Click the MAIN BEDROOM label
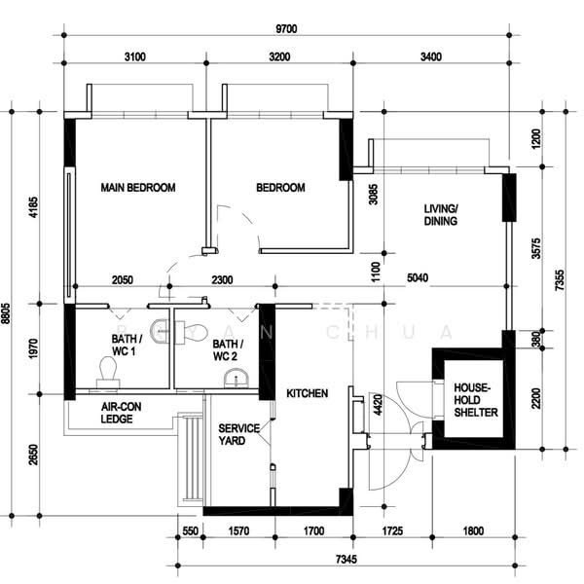pyautogui.click(x=138, y=187)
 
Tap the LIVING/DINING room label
pyautogui.click(x=441, y=215)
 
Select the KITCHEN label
pyautogui.click(x=308, y=393)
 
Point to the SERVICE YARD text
pyautogui.click(x=239, y=434)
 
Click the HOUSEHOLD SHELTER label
pyautogui.click(x=476, y=400)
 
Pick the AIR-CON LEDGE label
pyautogui.click(x=121, y=413)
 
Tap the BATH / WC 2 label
pyautogui.click(x=228, y=350)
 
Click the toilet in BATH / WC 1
pyautogui.click(x=108, y=373)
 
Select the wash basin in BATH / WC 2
pyautogui.click(x=237, y=378)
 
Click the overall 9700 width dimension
pyautogui.click(x=286, y=28)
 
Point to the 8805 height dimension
pyautogui.click(x=6, y=313)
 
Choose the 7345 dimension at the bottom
pyautogui.click(x=347, y=559)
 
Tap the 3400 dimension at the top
pyautogui.click(x=431, y=56)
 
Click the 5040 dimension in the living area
pyautogui.click(x=418, y=277)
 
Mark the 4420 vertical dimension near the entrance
pyautogui.click(x=378, y=405)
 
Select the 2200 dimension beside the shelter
pyautogui.click(x=536, y=398)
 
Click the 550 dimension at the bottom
pyautogui.click(x=191, y=530)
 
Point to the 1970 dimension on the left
pyautogui.click(x=33, y=348)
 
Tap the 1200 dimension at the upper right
pyautogui.click(x=536, y=139)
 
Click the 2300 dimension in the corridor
pyautogui.click(x=222, y=279)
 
